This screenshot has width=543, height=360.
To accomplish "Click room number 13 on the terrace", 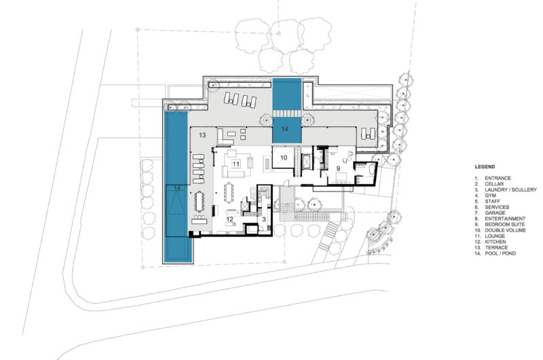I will click(x=202, y=136).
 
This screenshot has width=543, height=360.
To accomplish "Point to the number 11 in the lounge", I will click(x=236, y=164).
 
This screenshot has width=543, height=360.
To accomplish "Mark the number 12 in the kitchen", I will click(x=230, y=219).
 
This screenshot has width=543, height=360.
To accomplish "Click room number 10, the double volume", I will click(x=284, y=158).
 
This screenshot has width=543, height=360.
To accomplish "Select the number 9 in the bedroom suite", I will click(x=337, y=167).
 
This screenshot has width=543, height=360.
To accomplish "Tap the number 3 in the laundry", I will click(x=263, y=220).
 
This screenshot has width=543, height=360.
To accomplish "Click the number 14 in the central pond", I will click(x=285, y=128).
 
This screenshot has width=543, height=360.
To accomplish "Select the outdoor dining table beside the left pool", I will click(x=200, y=201).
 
